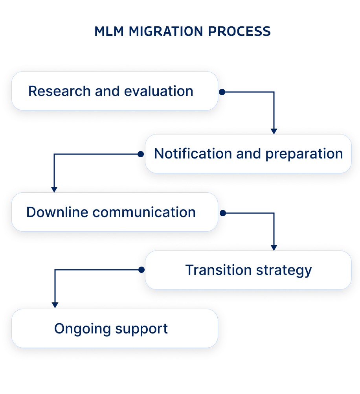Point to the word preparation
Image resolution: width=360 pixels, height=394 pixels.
[304, 154]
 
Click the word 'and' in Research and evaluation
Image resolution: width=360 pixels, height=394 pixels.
[108, 91]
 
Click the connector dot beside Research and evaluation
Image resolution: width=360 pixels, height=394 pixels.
[222, 92]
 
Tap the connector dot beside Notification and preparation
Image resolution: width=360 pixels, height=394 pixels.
[141, 154]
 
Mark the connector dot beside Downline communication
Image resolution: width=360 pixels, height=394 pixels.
[222, 213]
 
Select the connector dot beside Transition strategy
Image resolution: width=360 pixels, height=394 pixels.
[141, 270]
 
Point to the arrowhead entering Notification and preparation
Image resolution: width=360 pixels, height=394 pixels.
[274, 131]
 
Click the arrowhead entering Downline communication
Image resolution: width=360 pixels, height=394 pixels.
[54, 190]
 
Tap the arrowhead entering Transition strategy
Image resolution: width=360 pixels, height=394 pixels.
[274, 248]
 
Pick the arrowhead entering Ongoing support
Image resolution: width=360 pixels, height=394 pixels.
[55, 306]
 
